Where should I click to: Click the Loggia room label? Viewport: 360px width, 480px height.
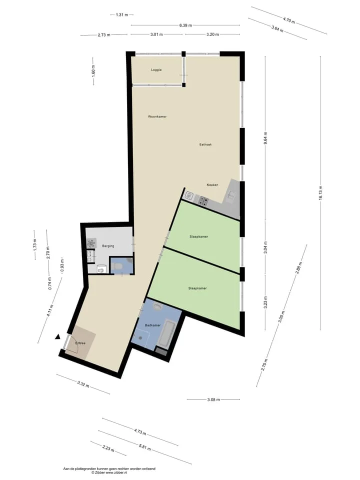tap(156, 70)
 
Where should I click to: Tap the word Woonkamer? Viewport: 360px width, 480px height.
tap(157, 116)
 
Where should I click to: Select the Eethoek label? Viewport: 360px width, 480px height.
tap(205, 144)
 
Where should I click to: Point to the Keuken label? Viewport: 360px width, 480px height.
tap(212, 185)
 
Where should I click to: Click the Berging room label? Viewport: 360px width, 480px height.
tap(108, 246)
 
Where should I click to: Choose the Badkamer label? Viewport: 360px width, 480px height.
tap(153, 325)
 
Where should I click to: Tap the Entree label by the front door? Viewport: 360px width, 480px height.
tap(80, 343)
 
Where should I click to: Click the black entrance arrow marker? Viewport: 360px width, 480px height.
tap(57, 337)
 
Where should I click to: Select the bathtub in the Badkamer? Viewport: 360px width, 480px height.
tap(167, 334)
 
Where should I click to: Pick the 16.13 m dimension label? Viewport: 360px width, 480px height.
tap(320, 193)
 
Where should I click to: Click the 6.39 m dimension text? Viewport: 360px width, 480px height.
tap(185, 25)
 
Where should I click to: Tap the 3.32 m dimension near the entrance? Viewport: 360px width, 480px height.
tap(83, 384)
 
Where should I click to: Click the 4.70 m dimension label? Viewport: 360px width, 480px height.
tap(289, 20)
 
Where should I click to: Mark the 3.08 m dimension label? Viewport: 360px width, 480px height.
tap(213, 399)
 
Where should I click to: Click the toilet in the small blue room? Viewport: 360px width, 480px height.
tap(117, 266)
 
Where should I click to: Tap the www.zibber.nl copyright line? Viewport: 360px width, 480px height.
tap(109, 472)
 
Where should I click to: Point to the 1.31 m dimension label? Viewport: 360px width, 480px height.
tap(122, 14)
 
